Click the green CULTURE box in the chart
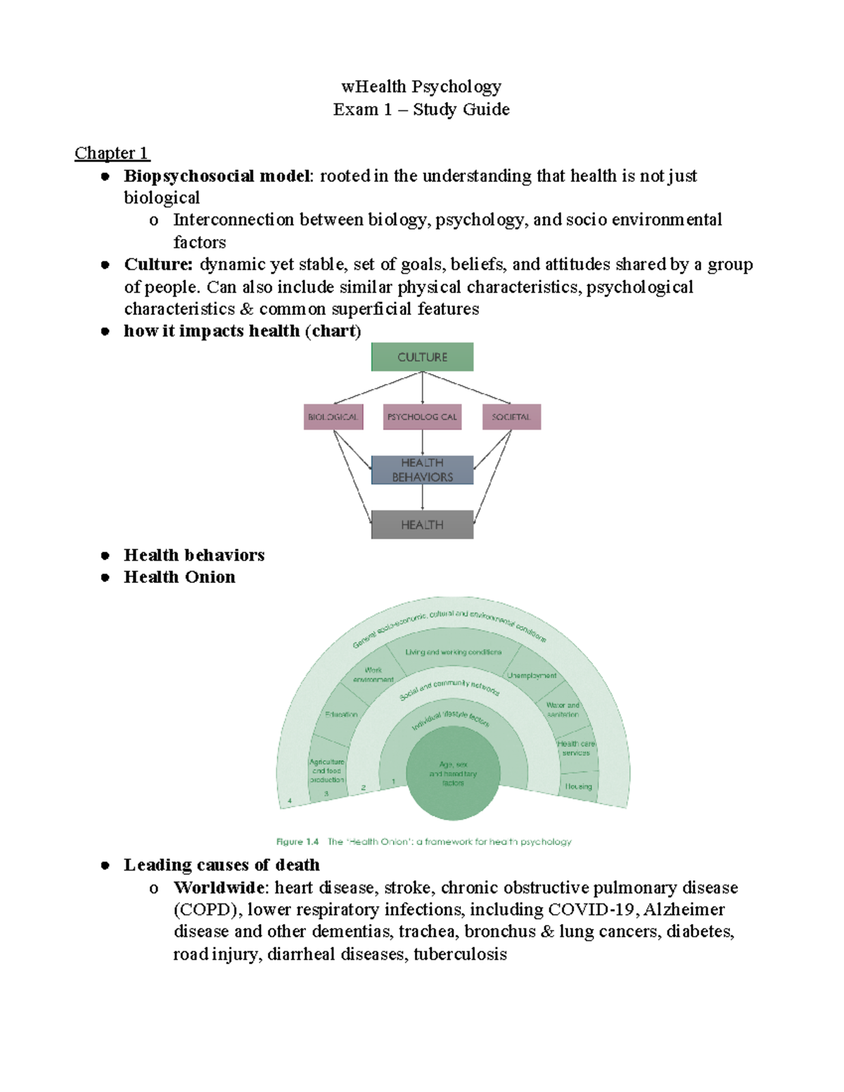click(x=422, y=356)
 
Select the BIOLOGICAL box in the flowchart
click(x=333, y=417)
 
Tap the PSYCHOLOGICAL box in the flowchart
click(x=422, y=417)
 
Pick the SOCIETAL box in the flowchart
click(x=511, y=417)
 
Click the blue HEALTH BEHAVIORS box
click(x=422, y=470)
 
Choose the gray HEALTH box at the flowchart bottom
click(x=422, y=525)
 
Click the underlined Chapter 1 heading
click(x=112, y=153)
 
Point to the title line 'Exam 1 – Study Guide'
click(x=421, y=110)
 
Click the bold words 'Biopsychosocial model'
click(x=217, y=176)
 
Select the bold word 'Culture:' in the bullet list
click(x=158, y=264)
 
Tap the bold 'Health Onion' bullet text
click(x=179, y=577)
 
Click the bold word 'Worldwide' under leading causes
click(x=219, y=887)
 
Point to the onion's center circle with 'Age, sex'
click(x=453, y=773)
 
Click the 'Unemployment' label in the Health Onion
click(x=532, y=676)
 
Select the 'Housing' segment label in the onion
click(x=578, y=787)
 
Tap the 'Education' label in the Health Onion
click(x=341, y=714)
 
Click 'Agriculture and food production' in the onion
click(x=327, y=771)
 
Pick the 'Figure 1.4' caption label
click(x=298, y=842)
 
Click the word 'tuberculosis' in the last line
click(x=460, y=954)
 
